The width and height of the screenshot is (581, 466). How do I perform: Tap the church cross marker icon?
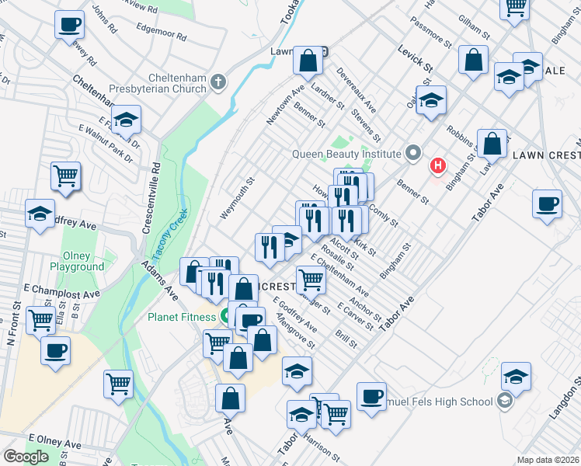220,81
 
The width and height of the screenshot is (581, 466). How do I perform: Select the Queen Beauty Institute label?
346,154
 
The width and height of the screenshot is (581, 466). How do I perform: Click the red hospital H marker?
439,165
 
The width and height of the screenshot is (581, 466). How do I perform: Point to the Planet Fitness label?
182,317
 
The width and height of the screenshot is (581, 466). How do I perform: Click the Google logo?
26,457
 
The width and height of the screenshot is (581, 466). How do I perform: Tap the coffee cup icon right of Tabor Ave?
548,204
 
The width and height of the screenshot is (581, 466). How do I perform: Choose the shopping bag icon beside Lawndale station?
308,60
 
